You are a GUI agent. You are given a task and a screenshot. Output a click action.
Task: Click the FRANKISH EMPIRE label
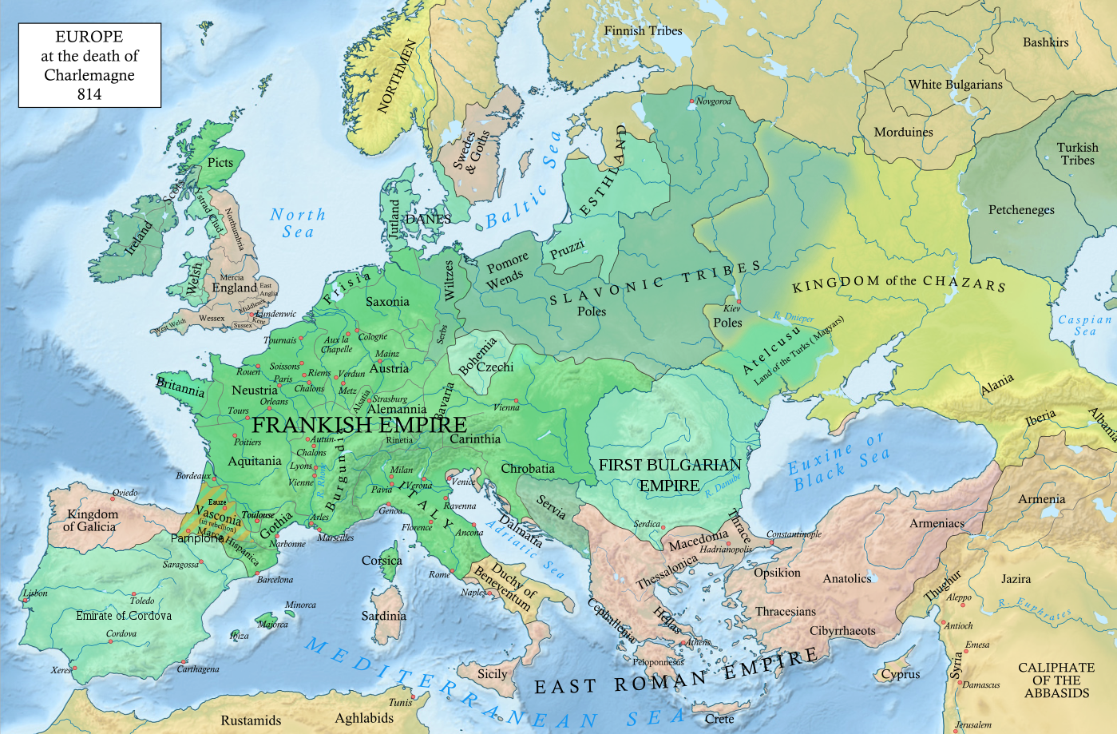click(x=359, y=424)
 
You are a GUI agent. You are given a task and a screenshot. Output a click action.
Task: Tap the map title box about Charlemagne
click(x=89, y=65)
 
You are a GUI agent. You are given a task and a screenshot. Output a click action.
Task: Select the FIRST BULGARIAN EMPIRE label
click(x=670, y=475)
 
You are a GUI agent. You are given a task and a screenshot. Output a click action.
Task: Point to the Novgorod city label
click(x=713, y=101)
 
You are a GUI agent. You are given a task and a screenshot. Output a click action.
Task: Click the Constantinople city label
click(x=794, y=534)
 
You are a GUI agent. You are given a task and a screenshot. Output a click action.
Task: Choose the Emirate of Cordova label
click(x=124, y=616)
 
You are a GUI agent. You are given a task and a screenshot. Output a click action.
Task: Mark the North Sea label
click(x=298, y=224)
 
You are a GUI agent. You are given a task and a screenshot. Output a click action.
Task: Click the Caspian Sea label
click(x=1084, y=325)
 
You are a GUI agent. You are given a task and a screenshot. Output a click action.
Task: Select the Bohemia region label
click(x=477, y=356)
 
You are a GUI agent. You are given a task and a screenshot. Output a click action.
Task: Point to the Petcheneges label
click(x=1021, y=210)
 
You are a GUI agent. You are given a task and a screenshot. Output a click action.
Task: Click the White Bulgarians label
click(x=955, y=85)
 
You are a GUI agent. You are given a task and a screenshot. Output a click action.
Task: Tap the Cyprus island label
click(x=901, y=674)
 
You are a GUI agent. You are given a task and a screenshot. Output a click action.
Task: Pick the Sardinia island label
click(x=383, y=616)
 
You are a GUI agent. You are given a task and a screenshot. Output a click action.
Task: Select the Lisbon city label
click(x=36, y=593)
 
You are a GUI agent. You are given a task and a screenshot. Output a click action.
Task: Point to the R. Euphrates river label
click(x=1035, y=609)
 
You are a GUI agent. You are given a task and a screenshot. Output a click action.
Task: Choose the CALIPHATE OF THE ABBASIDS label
click(x=1056, y=680)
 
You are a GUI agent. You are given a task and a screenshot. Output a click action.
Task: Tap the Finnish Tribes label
click(x=643, y=31)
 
